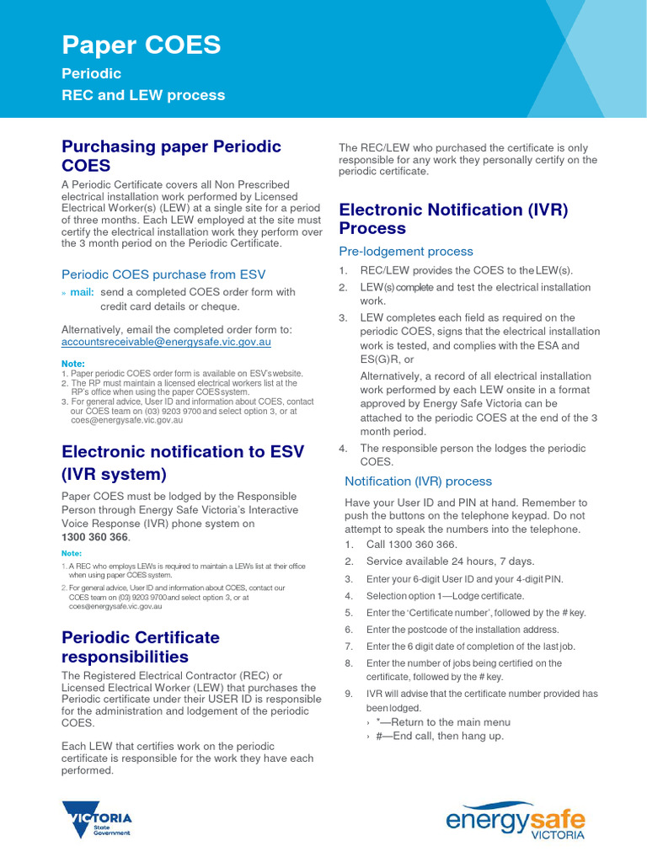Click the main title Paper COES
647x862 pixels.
142,45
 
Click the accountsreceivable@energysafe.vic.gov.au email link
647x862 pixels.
166,343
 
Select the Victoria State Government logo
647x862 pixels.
98,821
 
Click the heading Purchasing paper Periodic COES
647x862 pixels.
171,156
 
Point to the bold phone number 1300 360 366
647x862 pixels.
94,537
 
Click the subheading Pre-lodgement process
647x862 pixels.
405,251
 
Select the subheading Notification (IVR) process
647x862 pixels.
418,482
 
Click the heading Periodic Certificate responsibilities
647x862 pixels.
141,646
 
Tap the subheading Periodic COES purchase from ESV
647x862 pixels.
163,274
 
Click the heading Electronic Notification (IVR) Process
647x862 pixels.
453,219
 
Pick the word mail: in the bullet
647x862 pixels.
81,292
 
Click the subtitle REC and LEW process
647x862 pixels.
143,95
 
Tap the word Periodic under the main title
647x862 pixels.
91,74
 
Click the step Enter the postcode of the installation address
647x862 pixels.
462,630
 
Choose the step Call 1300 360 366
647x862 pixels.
411,545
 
